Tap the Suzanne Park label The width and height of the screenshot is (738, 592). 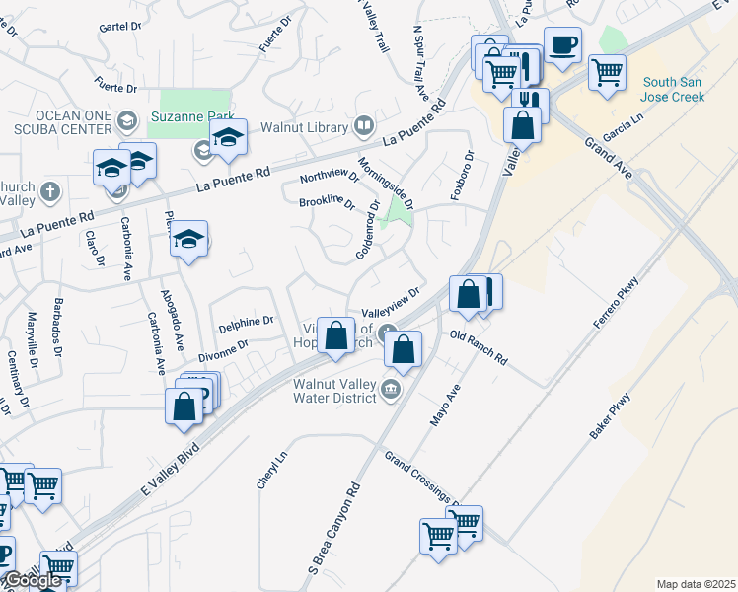[x=190, y=116]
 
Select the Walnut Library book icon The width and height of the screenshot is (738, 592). [x=364, y=125]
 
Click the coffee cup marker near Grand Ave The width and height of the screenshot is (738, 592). [x=562, y=45]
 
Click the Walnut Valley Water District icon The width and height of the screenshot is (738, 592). [x=392, y=389]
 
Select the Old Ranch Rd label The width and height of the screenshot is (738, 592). [x=478, y=347]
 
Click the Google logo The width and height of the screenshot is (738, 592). [x=33, y=580]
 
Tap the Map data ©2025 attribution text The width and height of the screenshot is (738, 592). [x=696, y=584]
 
